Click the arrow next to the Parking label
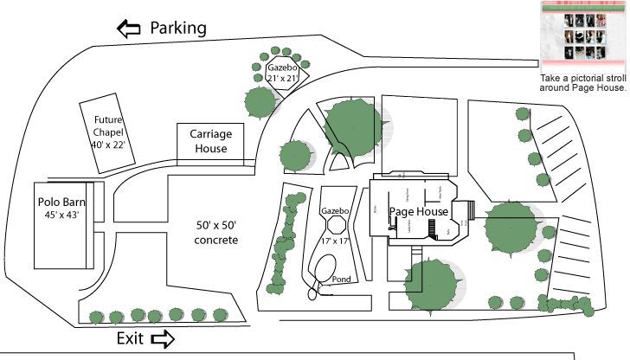[129, 29]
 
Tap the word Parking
[178, 28]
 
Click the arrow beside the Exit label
[162, 339]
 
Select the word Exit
[130, 338]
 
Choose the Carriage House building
[210, 142]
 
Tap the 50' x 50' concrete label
[216, 232]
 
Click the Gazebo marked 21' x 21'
[282, 74]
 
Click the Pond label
[342, 280]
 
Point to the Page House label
[419, 211]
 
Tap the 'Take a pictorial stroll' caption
[582, 83]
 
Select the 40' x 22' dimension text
[109, 145]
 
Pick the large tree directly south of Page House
[430, 282]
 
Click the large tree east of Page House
[511, 227]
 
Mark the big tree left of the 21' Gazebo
[259, 101]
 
